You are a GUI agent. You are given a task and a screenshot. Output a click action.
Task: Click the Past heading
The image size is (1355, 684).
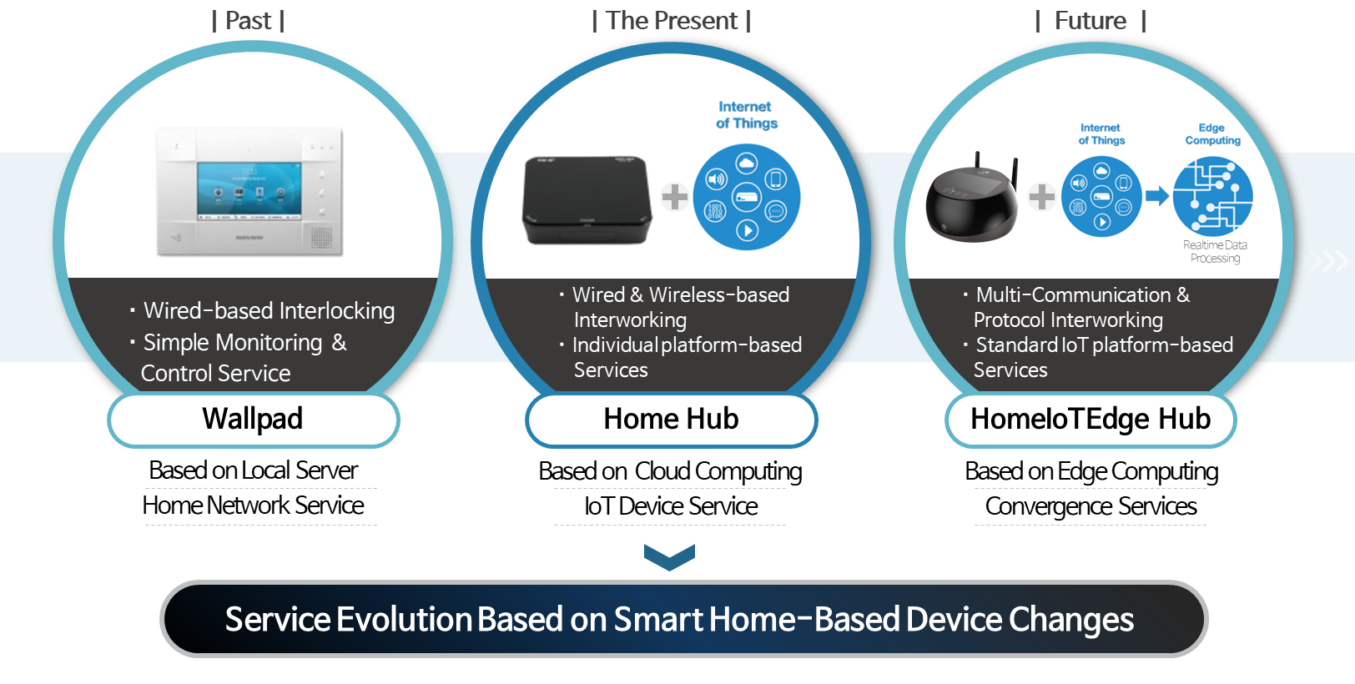[248, 21]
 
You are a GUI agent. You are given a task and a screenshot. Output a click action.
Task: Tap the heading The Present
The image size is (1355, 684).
[672, 21]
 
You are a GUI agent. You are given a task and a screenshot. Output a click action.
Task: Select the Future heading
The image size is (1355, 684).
[1091, 21]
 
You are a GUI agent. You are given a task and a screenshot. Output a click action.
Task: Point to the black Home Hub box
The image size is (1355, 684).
[587, 199]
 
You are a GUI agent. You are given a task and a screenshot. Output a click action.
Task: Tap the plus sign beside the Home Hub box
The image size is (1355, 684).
[674, 197]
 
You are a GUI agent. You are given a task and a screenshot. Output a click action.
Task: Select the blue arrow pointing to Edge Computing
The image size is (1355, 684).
[1156, 196]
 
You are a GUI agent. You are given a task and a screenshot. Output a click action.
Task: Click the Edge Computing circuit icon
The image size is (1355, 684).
[1213, 196]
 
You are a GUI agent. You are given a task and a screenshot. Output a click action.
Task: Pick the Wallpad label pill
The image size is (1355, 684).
[254, 420]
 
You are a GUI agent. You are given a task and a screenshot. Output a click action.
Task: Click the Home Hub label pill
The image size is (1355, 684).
[672, 420]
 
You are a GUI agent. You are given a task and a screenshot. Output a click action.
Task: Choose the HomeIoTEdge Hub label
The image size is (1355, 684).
[1091, 420]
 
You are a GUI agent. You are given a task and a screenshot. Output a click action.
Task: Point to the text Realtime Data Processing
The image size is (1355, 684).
[1216, 252]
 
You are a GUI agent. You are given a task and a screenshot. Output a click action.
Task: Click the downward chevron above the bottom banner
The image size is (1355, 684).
[670, 556]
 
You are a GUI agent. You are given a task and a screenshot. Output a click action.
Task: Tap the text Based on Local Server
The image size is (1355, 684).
[254, 470]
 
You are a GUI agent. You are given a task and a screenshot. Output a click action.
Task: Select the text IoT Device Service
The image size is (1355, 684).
[671, 506]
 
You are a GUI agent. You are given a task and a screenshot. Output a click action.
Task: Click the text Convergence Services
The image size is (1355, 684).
[1091, 506]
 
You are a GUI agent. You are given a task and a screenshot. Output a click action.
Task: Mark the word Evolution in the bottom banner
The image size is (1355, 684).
[404, 619]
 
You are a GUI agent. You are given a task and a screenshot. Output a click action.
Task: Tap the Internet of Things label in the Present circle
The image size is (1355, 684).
[747, 115]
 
